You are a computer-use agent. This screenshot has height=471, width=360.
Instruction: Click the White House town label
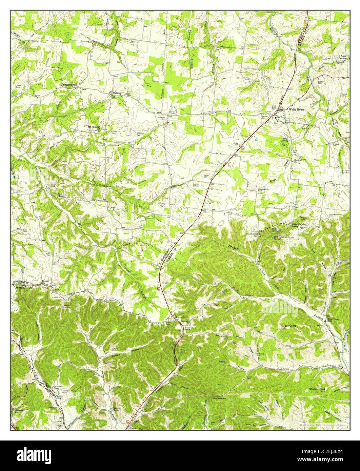(297, 109)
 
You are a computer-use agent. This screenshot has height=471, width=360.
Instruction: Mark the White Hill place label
(181, 317)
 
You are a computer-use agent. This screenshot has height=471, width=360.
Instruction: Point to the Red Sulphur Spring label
(281, 238)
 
